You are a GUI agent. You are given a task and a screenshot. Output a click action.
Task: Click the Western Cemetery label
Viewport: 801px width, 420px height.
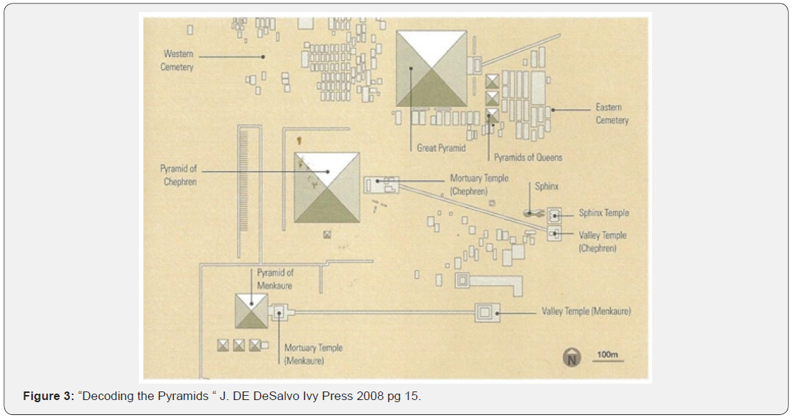(x=178, y=61)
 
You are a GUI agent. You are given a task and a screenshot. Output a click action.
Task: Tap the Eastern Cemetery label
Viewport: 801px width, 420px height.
(x=612, y=114)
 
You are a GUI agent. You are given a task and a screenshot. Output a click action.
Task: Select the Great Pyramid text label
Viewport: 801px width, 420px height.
(x=441, y=148)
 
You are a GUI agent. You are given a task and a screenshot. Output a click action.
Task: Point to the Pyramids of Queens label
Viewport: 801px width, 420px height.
(x=528, y=158)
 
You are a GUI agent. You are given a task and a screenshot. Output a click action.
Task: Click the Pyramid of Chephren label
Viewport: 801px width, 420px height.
(x=178, y=175)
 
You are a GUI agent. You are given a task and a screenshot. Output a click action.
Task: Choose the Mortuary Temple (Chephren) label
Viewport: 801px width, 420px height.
(x=479, y=185)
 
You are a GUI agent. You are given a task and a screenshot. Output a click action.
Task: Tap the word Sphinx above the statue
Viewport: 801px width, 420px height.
(x=547, y=187)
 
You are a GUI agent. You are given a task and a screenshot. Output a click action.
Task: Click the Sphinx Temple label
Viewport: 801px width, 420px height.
(x=604, y=213)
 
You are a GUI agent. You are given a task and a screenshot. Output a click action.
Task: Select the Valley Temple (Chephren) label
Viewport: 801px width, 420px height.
(x=603, y=242)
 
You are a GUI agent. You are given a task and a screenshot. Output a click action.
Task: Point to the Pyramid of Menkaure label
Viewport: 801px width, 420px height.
(x=275, y=279)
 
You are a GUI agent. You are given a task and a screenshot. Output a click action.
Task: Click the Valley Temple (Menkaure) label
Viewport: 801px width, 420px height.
(x=586, y=312)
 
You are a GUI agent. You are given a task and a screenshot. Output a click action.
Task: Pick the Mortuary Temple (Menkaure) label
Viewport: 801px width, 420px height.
(x=313, y=354)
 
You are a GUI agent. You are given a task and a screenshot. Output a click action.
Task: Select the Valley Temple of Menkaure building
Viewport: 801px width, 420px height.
(x=487, y=312)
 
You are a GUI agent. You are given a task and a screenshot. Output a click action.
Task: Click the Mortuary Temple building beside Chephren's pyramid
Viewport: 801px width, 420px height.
(x=381, y=185)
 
